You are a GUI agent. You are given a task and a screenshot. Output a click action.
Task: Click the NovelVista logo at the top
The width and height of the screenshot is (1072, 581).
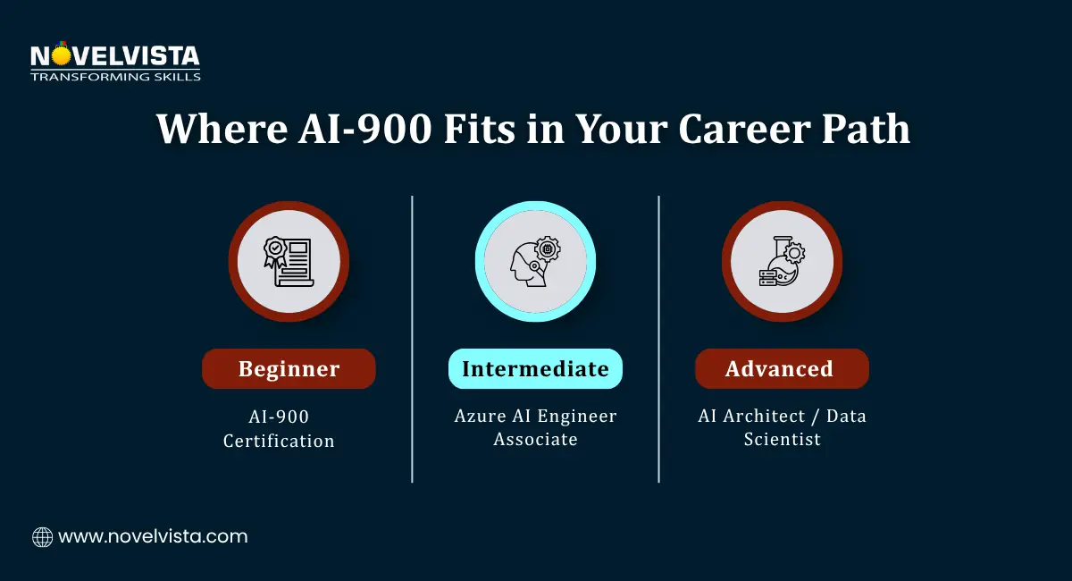[115, 57]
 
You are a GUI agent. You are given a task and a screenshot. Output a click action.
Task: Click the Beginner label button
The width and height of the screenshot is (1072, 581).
[289, 369]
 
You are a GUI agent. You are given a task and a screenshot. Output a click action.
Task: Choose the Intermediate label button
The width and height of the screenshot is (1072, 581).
[535, 368]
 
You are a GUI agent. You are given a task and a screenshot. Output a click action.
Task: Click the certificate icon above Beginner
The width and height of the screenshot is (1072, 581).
[289, 262]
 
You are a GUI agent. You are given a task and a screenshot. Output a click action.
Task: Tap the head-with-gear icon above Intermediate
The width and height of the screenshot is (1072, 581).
[535, 262]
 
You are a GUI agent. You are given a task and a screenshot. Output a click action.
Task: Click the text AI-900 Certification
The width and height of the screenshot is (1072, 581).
[279, 428]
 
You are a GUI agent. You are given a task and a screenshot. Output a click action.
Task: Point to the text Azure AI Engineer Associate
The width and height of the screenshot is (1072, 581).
[535, 427]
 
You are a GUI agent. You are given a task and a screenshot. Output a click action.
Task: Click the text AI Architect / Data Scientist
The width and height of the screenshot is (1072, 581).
[782, 427]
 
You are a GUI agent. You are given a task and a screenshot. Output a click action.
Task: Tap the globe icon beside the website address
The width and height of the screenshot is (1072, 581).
[42, 537]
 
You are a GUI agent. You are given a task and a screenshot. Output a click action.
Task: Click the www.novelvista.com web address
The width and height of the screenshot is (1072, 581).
[153, 537]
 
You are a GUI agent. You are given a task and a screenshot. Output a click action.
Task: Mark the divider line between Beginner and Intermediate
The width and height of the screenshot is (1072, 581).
[412, 340]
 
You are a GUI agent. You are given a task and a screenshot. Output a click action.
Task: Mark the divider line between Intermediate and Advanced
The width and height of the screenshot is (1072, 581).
[658, 340]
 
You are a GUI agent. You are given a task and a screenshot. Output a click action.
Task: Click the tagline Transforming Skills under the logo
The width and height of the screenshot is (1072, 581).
[115, 77]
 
